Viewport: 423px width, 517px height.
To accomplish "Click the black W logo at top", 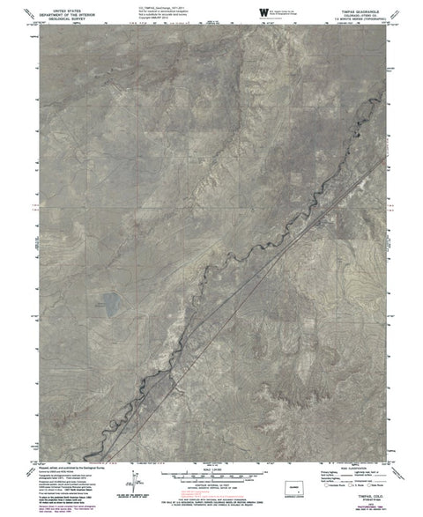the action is click(263, 11).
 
